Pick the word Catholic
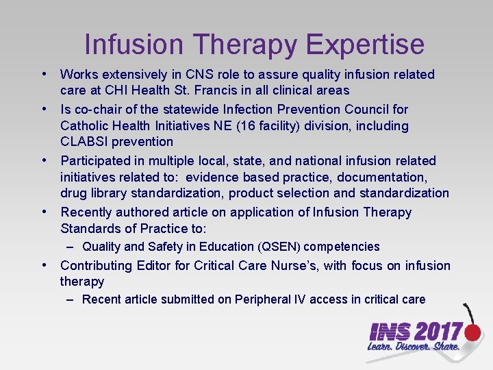(x=84, y=126)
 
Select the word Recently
(x=86, y=212)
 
